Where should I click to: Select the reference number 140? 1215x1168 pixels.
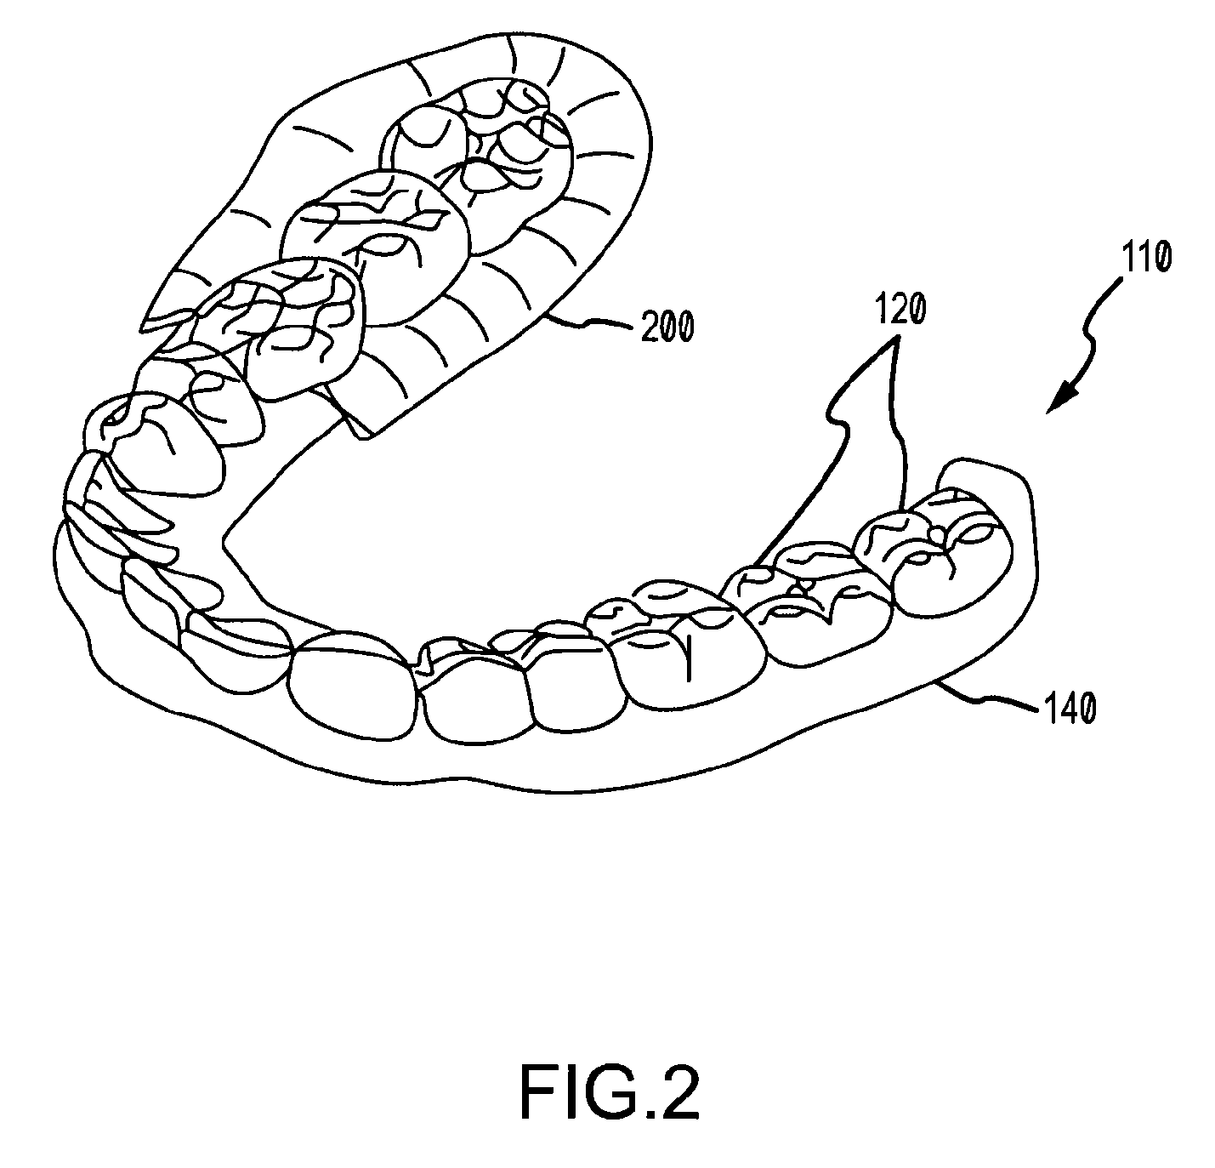(x=1068, y=708)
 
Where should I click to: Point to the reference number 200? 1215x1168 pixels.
(x=667, y=326)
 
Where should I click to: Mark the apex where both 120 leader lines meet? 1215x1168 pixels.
(x=895, y=339)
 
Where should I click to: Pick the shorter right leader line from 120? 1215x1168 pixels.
(x=900, y=425)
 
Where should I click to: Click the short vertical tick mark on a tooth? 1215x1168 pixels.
(x=689, y=660)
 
